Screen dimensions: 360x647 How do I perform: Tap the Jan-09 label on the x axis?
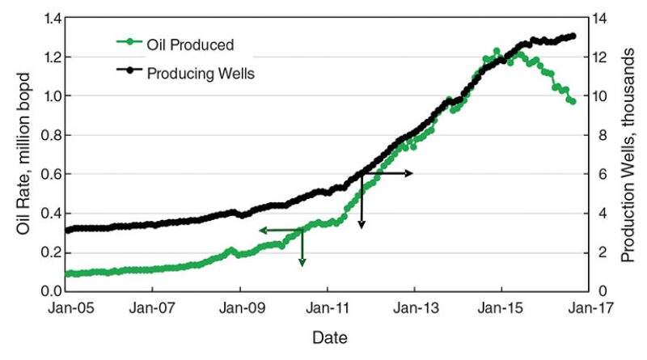coord(240,308)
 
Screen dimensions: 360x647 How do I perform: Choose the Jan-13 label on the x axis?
coord(415,308)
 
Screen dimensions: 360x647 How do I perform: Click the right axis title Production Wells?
coord(628,154)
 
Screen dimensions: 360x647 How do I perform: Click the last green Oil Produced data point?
coord(573,102)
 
